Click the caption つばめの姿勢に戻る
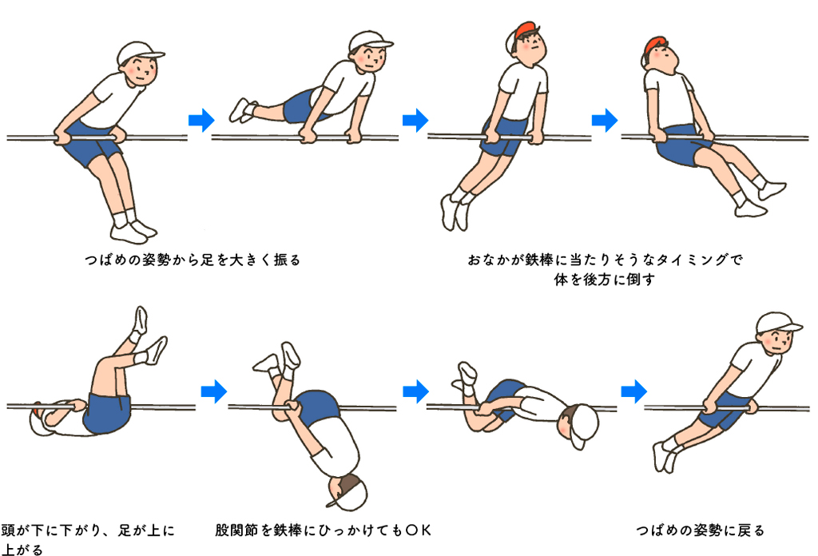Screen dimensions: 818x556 click(700, 530)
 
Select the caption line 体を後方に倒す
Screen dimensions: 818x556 click(604, 279)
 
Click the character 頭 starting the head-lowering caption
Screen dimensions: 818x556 click(8, 530)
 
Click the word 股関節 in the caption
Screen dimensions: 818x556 click(236, 530)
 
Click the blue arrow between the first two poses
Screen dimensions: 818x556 click(201, 120)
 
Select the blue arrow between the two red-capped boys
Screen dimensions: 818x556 click(605, 120)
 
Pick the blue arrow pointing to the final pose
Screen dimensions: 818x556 click(633, 391)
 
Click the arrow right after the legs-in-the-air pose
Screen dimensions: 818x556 click(214, 391)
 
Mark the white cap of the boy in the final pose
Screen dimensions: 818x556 click(776, 324)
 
